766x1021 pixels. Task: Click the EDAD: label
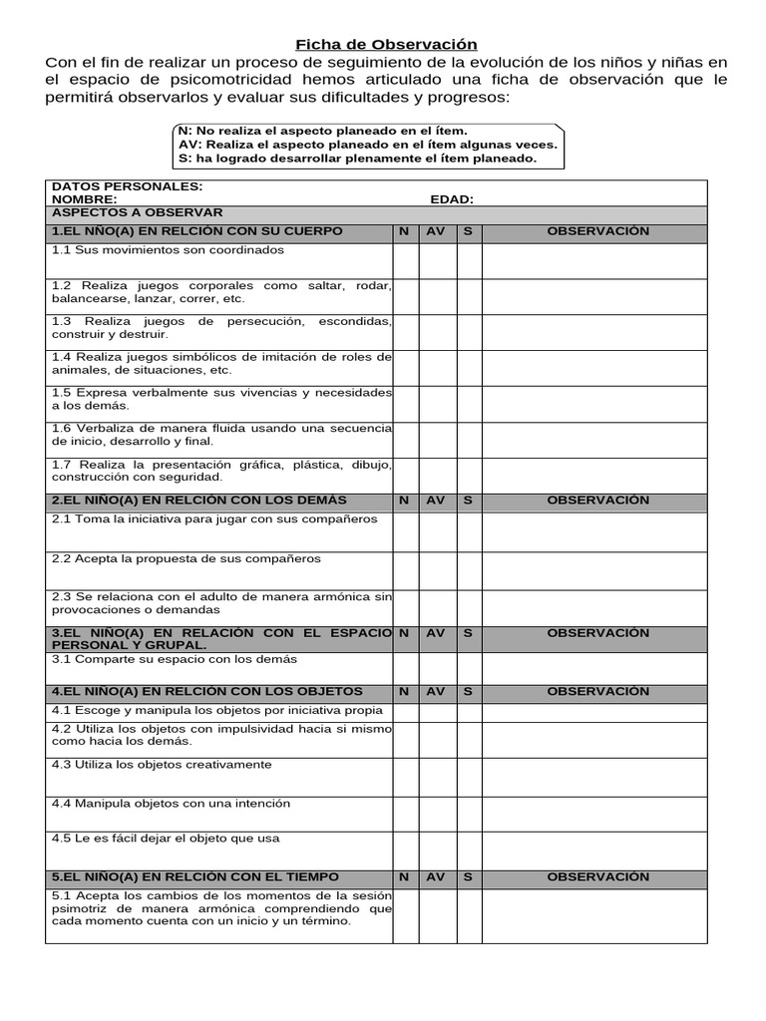pyautogui.click(x=452, y=199)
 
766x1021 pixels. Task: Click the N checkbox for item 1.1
pyautogui.click(x=405, y=260)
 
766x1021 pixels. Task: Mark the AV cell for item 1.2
pyautogui.click(x=438, y=295)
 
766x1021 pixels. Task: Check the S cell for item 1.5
pyautogui.click(x=470, y=403)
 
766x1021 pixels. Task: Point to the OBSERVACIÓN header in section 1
pyautogui.click(x=597, y=231)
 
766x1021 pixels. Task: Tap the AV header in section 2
pyautogui.click(x=437, y=501)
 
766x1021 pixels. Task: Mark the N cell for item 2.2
pyautogui.click(x=405, y=570)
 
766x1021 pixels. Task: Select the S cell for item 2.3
pyautogui.click(x=470, y=606)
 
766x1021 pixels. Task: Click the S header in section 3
pyautogui.click(x=468, y=633)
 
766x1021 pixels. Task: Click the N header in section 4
pyautogui.click(x=404, y=691)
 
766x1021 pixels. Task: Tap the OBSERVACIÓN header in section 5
pyautogui.click(x=597, y=877)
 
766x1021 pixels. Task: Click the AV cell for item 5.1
pyautogui.click(x=438, y=915)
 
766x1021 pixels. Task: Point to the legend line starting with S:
pyautogui.click(x=356, y=159)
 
